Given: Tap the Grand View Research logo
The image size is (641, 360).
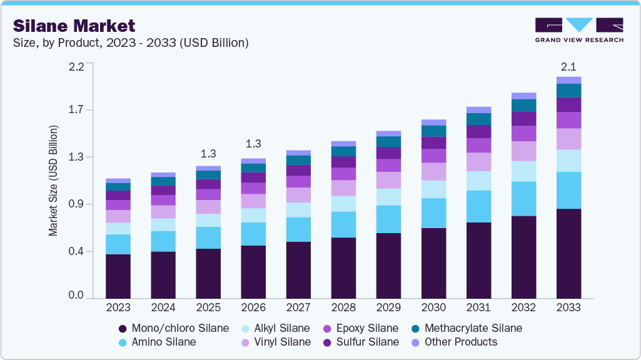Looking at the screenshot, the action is click(579, 30).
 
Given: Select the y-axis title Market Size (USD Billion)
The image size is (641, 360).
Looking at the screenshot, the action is click(53, 181).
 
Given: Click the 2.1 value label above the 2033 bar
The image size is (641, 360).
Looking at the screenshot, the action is click(568, 66).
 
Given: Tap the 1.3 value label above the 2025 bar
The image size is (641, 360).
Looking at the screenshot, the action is click(208, 154).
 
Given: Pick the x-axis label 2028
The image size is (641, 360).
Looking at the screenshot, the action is click(343, 307).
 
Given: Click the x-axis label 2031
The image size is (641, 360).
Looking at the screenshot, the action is click(478, 307).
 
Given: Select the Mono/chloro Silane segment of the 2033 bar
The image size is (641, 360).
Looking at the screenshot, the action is click(568, 253).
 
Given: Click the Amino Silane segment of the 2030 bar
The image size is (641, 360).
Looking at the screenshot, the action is click(433, 213).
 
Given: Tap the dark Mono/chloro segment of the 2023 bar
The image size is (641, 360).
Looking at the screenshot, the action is click(118, 276).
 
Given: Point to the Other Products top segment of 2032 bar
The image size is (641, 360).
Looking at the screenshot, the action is click(523, 96).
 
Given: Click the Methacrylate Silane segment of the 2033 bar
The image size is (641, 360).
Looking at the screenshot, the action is click(568, 90).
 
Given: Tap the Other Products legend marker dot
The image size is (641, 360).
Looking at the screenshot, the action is click(415, 342).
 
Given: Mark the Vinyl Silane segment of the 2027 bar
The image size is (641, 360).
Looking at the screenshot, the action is click(298, 195).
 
